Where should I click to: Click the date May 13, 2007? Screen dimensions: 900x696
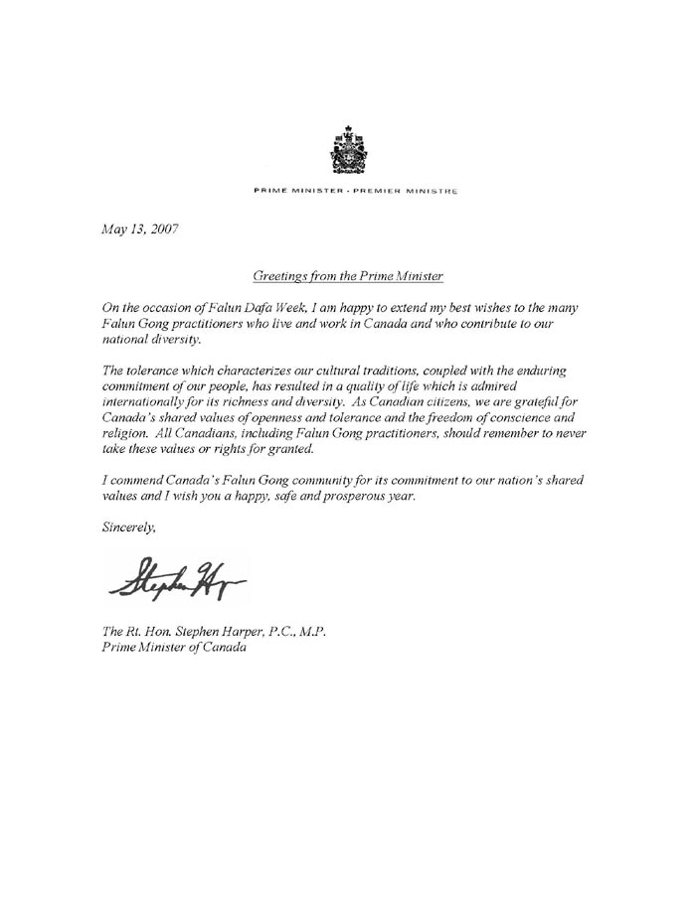[x=140, y=229]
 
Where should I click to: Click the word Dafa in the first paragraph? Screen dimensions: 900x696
[x=266, y=309]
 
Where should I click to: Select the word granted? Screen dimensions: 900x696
[x=286, y=452]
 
